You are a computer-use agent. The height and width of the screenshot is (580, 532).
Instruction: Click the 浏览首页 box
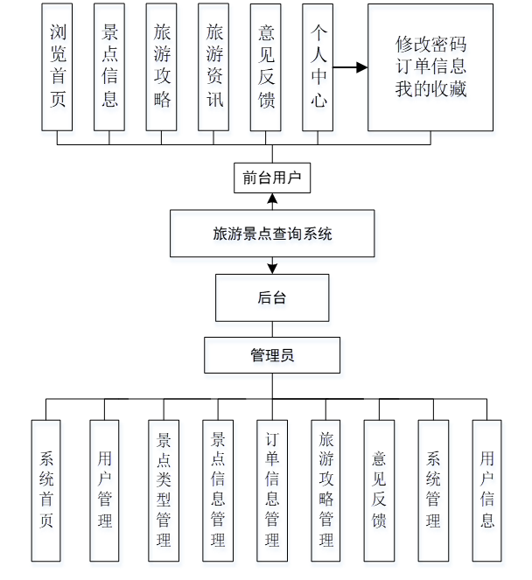(58, 67)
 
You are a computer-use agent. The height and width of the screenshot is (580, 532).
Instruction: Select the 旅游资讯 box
(214, 67)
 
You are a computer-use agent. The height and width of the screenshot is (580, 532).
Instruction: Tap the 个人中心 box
(318, 67)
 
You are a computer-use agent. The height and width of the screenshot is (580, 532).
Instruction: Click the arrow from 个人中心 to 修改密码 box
(350, 67)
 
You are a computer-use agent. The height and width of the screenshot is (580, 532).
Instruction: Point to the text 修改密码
(430, 44)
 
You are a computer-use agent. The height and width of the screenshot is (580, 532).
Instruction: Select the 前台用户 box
(271, 178)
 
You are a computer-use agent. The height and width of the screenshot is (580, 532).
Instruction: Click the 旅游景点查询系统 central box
(272, 234)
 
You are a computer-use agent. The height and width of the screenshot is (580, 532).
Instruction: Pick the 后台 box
(272, 297)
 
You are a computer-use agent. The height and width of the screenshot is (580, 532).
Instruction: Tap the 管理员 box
(272, 355)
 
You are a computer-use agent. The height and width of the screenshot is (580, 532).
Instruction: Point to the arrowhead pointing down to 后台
(272, 267)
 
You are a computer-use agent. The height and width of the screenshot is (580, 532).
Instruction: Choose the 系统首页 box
(46, 490)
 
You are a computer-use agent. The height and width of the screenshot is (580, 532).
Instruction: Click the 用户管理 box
(104, 490)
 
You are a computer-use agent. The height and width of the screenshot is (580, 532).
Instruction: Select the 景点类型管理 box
(163, 490)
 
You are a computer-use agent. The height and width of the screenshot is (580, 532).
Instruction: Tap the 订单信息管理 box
(271, 490)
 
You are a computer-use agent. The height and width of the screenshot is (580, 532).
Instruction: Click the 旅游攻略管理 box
(325, 490)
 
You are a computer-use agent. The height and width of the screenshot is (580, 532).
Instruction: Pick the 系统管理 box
(432, 490)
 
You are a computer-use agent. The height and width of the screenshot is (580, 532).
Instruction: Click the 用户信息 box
(487, 490)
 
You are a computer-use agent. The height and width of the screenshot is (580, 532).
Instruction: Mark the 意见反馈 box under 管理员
(379, 490)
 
